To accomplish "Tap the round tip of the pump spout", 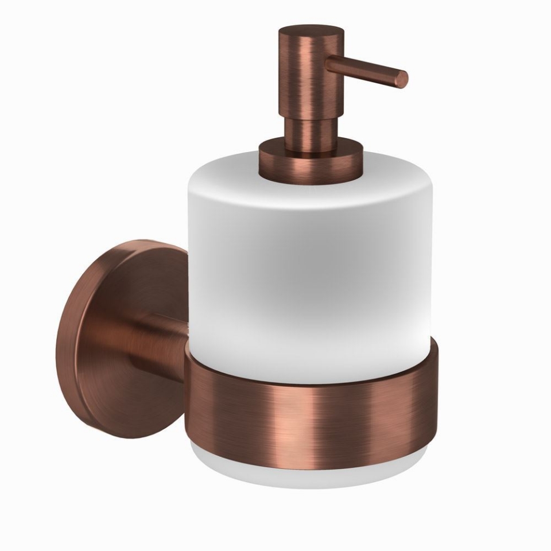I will coord(403,79).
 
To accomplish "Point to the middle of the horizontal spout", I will coord(367,69).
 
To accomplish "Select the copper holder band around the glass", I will coord(344,413).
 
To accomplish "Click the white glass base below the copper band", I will coord(310,471).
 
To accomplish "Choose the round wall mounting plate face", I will coord(115,339).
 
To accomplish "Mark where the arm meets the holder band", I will coord(188,362).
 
